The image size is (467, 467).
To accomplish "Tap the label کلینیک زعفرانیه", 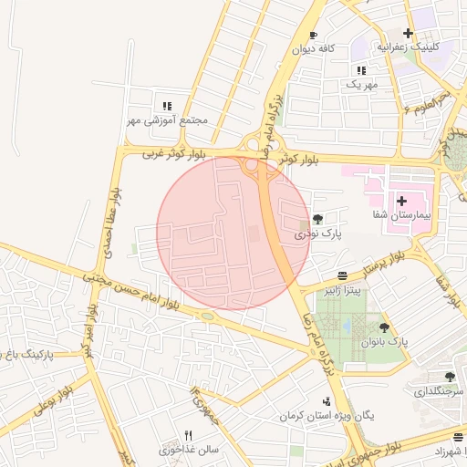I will click(x=434, y=47).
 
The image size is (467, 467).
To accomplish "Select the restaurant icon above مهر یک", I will click(x=361, y=69).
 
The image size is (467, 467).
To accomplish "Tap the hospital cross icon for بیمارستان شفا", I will click(x=401, y=199).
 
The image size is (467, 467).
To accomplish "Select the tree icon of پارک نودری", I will click(x=317, y=219).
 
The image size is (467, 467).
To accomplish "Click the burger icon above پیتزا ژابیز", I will click(x=342, y=275).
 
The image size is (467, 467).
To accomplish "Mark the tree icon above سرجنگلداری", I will click(x=449, y=376).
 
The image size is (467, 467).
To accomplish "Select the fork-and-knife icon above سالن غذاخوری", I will click(x=189, y=434).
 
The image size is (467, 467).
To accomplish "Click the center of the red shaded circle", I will click(x=234, y=233).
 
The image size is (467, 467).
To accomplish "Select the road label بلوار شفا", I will click(x=447, y=279).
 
